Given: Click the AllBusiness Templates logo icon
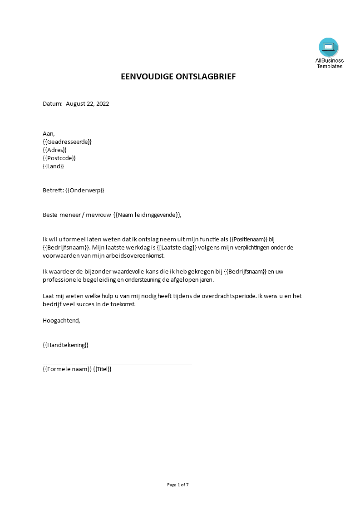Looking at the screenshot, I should (x=329, y=47).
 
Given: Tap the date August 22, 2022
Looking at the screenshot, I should (x=88, y=103).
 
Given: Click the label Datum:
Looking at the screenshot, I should (x=52, y=103).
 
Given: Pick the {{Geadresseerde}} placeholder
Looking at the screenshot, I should (x=67, y=142).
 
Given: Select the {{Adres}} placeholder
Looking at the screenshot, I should (x=55, y=150).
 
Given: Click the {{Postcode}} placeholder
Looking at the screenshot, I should (x=59, y=158).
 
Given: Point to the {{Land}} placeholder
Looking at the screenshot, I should (x=54, y=166).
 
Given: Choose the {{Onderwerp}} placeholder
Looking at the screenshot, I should (x=85, y=190).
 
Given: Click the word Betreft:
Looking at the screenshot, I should (x=53, y=190).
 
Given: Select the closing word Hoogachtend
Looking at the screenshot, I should (x=61, y=320).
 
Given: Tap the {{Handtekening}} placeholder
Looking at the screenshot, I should (x=66, y=345).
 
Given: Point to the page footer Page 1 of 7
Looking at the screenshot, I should (x=178, y=485).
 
